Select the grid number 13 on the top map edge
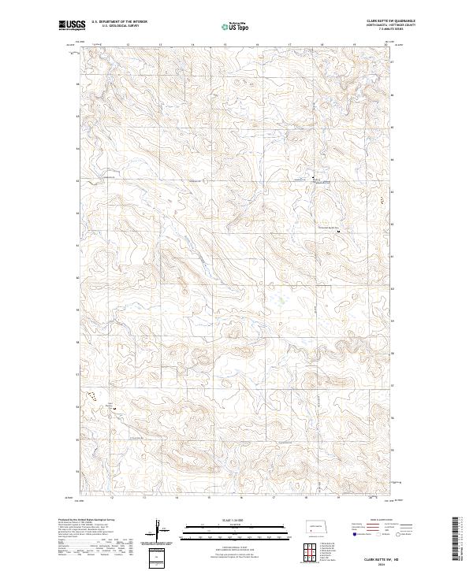pyautogui.click(x=160, y=44)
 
